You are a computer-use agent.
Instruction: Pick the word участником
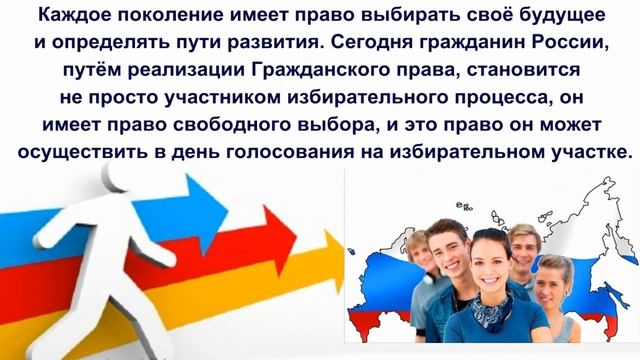(x=213, y=101)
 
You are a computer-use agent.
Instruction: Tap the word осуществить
(x=77, y=156)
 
